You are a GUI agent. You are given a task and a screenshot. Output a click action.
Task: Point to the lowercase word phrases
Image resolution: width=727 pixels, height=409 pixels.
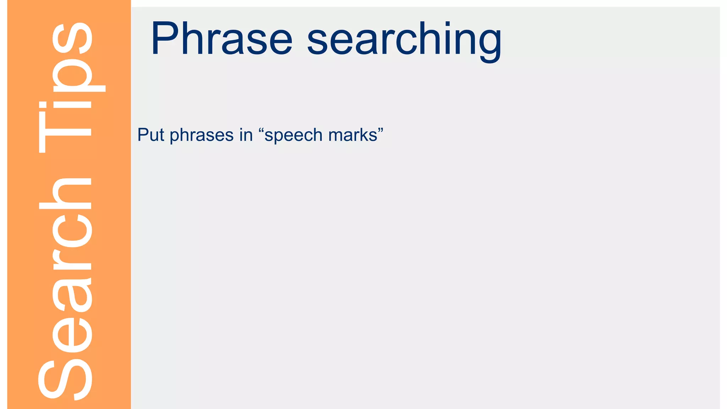tap(201, 136)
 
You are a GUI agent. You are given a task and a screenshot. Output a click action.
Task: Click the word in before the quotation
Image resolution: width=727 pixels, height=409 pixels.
tap(246, 135)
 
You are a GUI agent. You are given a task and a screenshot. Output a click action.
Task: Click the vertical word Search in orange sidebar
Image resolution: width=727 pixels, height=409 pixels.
tap(66, 288)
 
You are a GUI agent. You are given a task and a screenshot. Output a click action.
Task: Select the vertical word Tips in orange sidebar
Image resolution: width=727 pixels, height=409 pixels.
tap(66, 89)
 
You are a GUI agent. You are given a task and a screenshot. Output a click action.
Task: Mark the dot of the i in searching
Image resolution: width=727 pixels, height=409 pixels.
tap(448, 24)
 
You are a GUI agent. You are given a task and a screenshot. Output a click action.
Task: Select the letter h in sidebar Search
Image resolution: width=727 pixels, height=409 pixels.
tap(66, 193)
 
